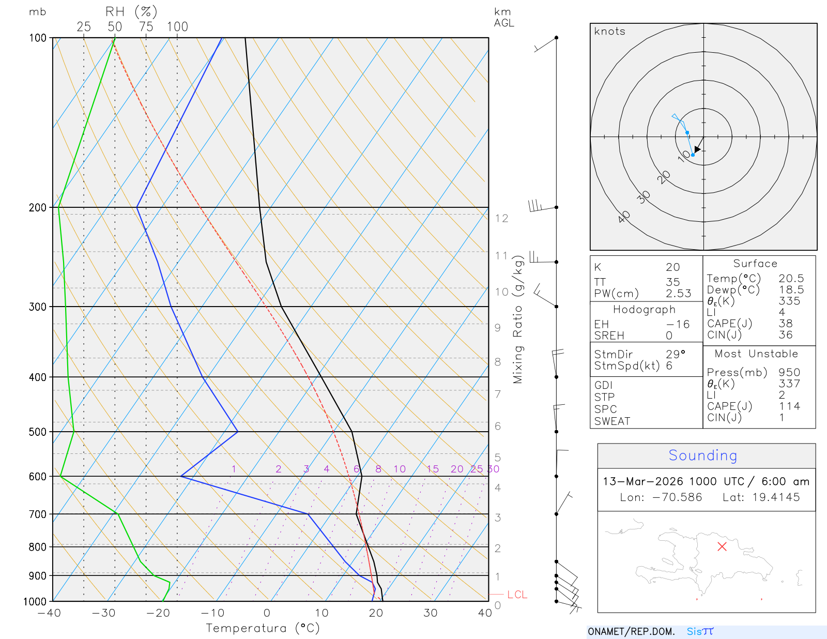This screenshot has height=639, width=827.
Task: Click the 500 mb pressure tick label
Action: pyautogui.click(x=38, y=432)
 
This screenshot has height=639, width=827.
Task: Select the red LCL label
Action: pyautogui.click(x=517, y=595)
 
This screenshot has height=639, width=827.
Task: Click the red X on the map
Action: pyautogui.click(x=722, y=546)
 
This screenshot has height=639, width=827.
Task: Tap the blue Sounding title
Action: pyautogui.click(x=702, y=455)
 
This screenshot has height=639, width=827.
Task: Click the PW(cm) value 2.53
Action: pyautogui.click(x=678, y=294)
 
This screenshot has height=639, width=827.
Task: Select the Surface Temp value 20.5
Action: pyautogui.click(x=791, y=279)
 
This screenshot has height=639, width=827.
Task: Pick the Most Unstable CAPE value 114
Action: pyautogui.click(x=789, y=406)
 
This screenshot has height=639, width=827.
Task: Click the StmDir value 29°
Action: pyautogui.click(x=675, y=354)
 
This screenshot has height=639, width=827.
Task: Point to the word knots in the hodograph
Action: pyautogui.click(x=609, y=32)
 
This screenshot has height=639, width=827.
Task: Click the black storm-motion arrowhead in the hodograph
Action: pyautogui.click(x=697, y=149)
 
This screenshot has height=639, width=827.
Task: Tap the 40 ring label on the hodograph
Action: pyautogui.click(x=624, y=217)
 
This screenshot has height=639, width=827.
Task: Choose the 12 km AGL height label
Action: pyautogui.click(x=501, y=218)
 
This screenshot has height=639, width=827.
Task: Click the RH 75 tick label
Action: pyautogui.click(x=146, y=27)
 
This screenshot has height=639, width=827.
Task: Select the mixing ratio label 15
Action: pyautogui.click(x=433, y=469)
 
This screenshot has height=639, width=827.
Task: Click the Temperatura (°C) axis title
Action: pyautogui.click(x=263, y=628)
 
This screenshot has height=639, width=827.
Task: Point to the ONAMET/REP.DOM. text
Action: pyautogui.click(x=631, y=632)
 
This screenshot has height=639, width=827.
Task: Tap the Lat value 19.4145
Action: pyautogui.click(x=776, y=497)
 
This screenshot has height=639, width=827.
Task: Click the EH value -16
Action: pyautogui.click(x=678, y=324)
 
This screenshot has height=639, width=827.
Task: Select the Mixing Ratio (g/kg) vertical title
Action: pyautogui.click(x=518, y=319)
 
